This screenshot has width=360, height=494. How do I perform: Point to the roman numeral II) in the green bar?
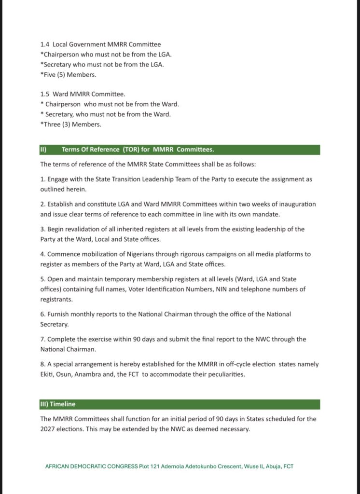43,150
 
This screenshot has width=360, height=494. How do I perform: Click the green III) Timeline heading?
58,404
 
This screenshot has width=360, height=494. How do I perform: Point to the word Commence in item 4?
64,254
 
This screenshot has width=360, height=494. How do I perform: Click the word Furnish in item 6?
59,314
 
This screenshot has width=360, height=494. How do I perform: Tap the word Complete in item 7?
63,339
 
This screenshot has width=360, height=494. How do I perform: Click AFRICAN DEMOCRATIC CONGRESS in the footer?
90,467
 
